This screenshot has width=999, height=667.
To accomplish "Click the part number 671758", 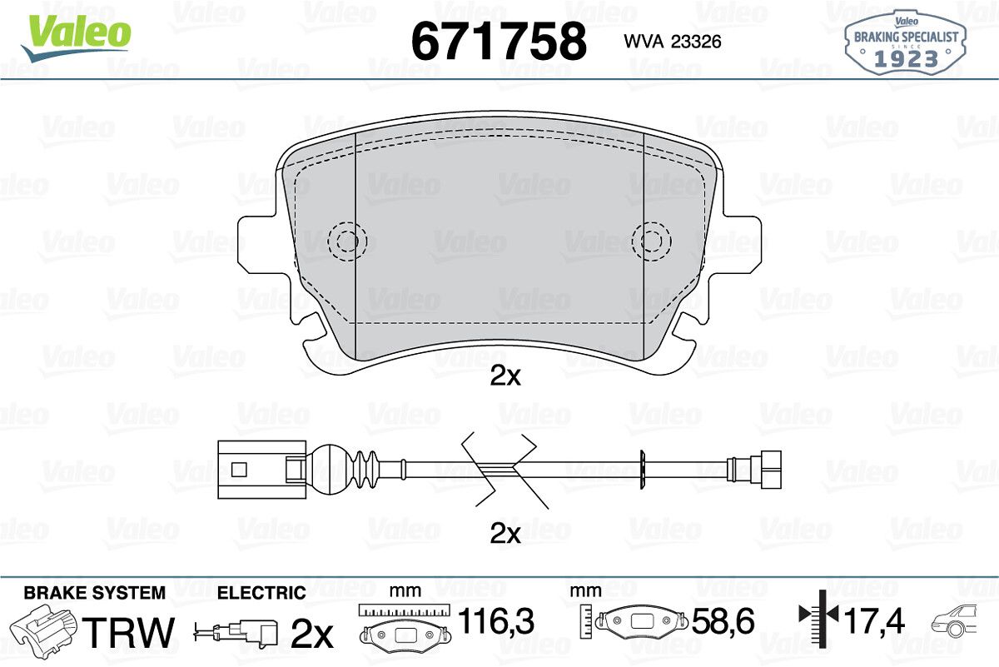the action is pos(499,42).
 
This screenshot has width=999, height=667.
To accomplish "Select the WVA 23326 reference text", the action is pos(673,42).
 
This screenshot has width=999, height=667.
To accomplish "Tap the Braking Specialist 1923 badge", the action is pos(906,43).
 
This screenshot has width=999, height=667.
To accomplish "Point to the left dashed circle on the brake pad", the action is pos(347,241).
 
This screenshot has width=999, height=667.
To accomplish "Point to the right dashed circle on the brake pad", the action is pos(652,241).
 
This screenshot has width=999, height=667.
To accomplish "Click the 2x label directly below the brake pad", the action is pos(504,376).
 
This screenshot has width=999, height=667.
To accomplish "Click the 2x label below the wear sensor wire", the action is pos(504,534).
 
